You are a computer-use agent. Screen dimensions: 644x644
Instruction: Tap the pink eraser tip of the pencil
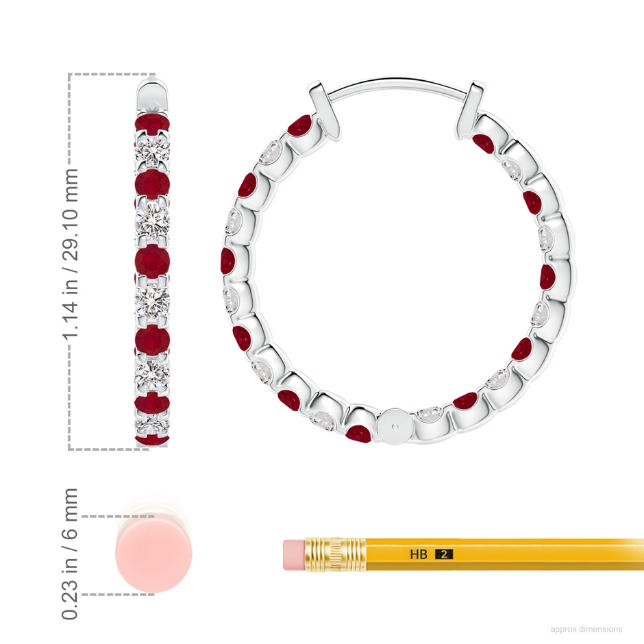[294, 555]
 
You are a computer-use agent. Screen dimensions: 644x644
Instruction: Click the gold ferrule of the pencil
[335, 554]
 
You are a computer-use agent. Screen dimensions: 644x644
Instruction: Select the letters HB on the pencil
[418, 554]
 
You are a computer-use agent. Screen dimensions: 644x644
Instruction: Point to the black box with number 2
[444, 554]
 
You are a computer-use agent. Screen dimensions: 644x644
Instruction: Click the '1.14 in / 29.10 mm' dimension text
[70, 253]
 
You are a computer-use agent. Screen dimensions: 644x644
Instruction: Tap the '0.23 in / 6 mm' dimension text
[70, 554]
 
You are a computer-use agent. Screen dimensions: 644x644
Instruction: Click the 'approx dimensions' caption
[586, 629]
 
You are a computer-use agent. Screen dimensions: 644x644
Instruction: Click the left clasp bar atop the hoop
[324, 108]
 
